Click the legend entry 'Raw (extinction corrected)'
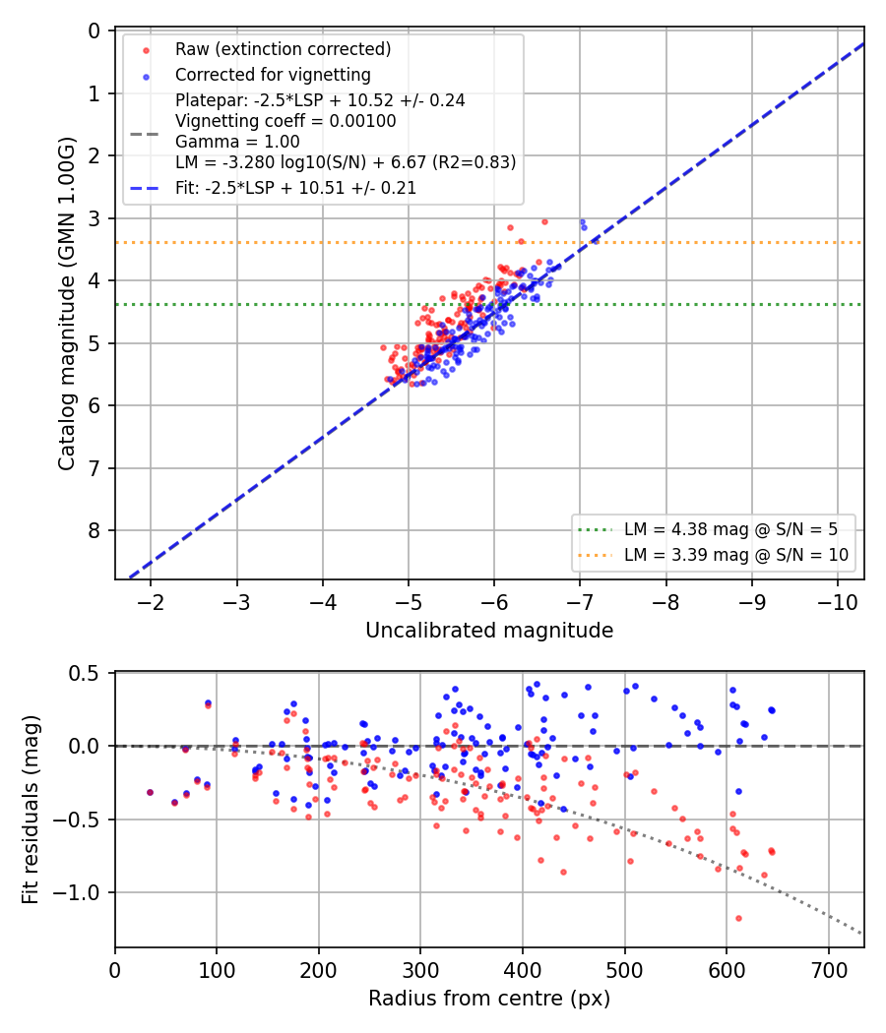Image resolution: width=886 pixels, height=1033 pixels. tap(283, 49)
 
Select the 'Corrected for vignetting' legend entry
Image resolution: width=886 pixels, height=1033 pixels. tap(273, 75)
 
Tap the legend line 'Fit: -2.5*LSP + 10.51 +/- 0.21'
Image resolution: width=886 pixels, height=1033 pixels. tap(296, 188)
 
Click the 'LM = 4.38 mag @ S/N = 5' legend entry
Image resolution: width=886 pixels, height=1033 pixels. tap(731, 529)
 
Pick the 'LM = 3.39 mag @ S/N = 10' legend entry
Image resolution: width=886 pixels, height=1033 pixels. tap(736, 555)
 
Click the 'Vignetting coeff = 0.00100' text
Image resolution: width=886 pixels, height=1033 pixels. tap(285, 121)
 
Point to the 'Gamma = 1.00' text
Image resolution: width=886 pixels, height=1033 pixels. tap(237, 142)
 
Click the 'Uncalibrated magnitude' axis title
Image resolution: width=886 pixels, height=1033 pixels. tap(489, 631)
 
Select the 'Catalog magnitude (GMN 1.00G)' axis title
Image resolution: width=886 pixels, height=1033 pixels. tap(67, 304)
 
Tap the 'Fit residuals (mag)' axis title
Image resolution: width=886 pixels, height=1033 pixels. tap(31, 810)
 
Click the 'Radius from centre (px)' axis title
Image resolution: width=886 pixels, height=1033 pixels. tap(489, 999)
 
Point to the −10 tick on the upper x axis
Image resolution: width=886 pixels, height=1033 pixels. tap(837, 602)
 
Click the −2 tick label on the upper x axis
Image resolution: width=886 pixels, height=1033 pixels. tap(151, 602)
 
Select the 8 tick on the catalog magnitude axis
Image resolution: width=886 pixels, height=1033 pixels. tap(94, 530)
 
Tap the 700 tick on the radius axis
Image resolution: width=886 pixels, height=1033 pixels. tap(828, 970)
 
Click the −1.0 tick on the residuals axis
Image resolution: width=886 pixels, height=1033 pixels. tap(75, 892)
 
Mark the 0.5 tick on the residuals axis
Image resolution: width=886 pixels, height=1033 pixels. tap(84, 673)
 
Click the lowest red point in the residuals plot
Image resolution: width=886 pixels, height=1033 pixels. tap(738, 918)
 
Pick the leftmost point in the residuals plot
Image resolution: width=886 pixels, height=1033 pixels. tap(150, 793)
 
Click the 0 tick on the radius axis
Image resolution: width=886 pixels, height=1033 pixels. tap(115, 970)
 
